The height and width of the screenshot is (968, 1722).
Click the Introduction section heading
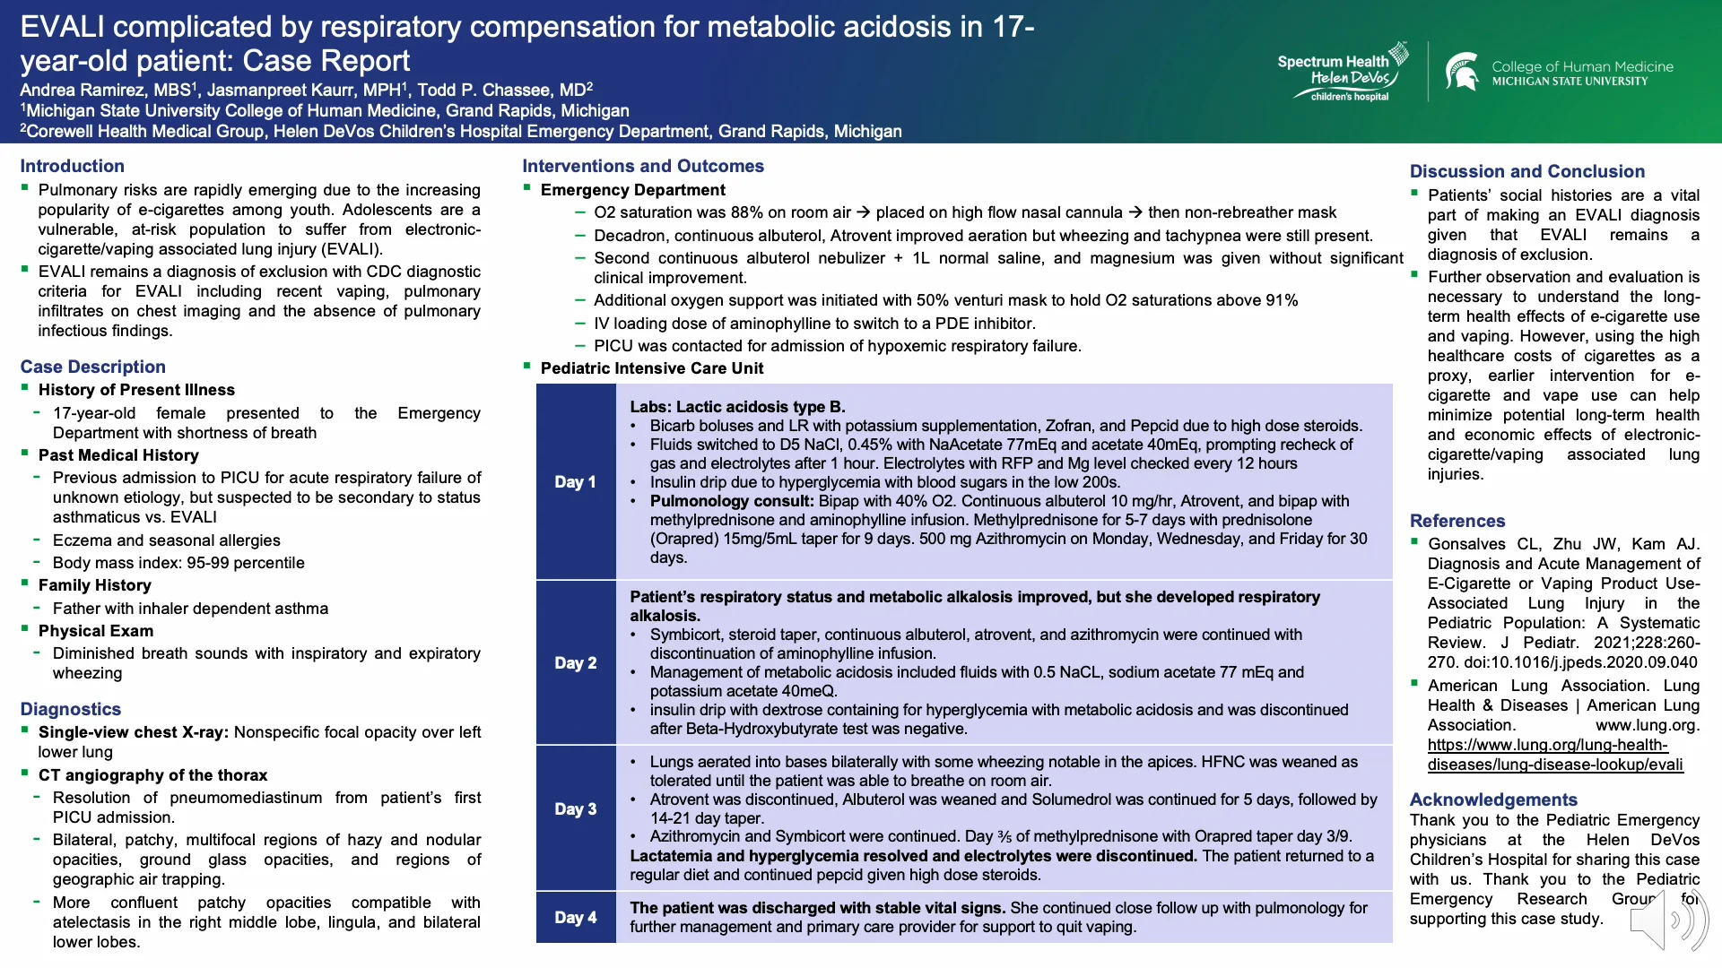click(x=72, y=166)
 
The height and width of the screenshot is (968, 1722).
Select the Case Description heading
click(x=92, y=367)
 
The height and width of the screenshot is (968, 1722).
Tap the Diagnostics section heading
click(x=70, y=709)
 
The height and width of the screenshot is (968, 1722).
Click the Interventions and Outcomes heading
click(x=642, y=166)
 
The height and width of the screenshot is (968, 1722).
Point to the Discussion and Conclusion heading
click(x=1526, y=171)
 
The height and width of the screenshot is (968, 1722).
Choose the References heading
click(x=1457, y=521)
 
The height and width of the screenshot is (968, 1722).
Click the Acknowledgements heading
click(x=1492, y=799)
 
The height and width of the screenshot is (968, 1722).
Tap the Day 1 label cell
click(x=575, y=482)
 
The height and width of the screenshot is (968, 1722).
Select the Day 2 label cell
click(x=575, y=663)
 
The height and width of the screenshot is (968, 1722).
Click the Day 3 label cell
click(x=575, y=809)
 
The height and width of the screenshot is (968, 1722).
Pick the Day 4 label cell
click(x=575, y=918)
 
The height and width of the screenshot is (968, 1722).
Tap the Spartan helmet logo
click(x=1462, y=72)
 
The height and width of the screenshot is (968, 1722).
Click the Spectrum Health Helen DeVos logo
click(x=1343, y=72)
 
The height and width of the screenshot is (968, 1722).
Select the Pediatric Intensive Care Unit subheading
click(x=651, y=368)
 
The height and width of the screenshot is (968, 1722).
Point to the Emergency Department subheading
click(x=632, y=190)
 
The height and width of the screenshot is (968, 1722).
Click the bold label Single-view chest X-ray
click(x=134, y=732)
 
